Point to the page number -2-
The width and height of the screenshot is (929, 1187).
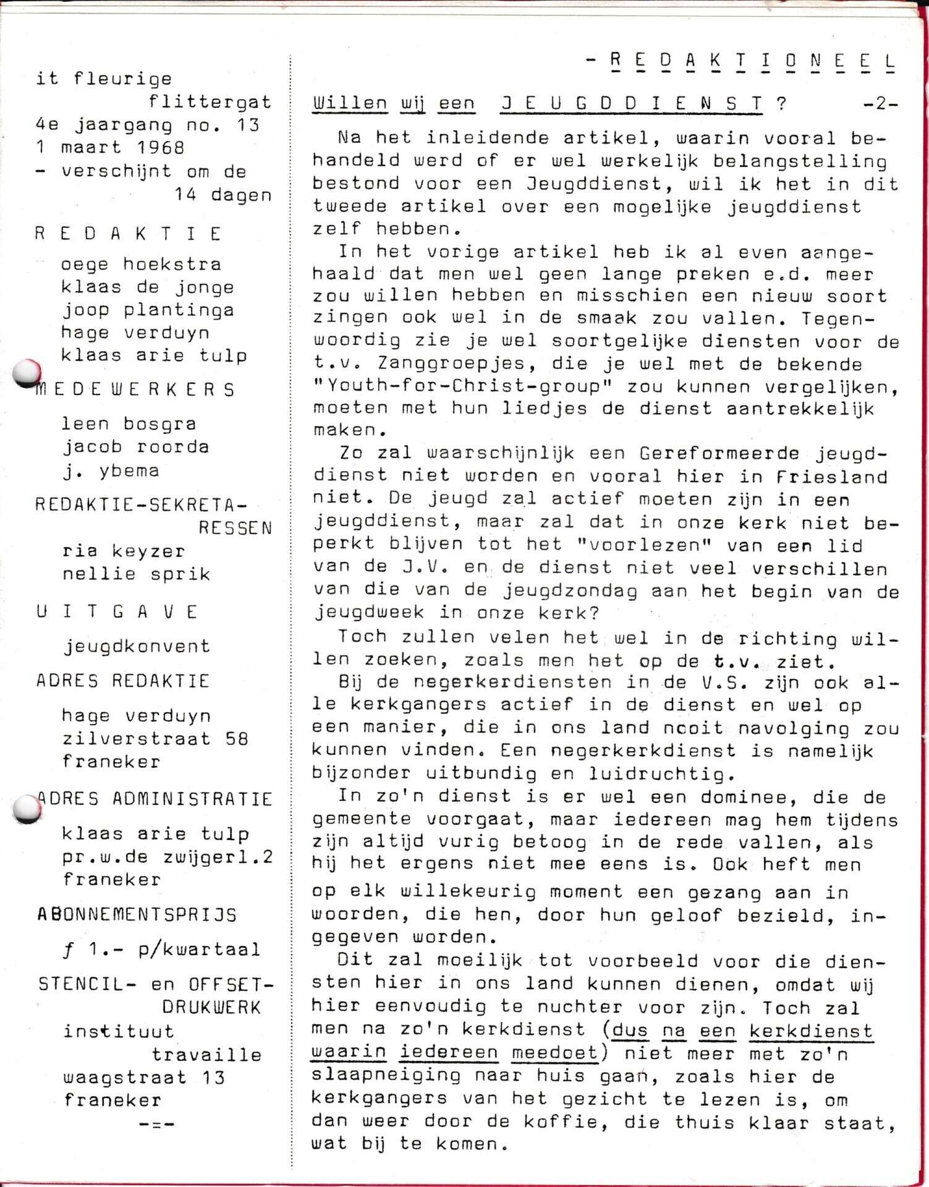point(880,104)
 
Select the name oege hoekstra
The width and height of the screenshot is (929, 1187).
point(141,265)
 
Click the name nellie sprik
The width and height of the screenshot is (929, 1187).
point(136,574)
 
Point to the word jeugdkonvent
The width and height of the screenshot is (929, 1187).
point(137,647)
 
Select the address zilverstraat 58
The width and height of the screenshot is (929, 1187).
point(155,739)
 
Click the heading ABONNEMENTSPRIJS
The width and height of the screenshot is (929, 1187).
point(137,914)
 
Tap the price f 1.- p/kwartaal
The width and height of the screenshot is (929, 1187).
point(161,949)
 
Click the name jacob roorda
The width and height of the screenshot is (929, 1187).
point(135,447)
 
